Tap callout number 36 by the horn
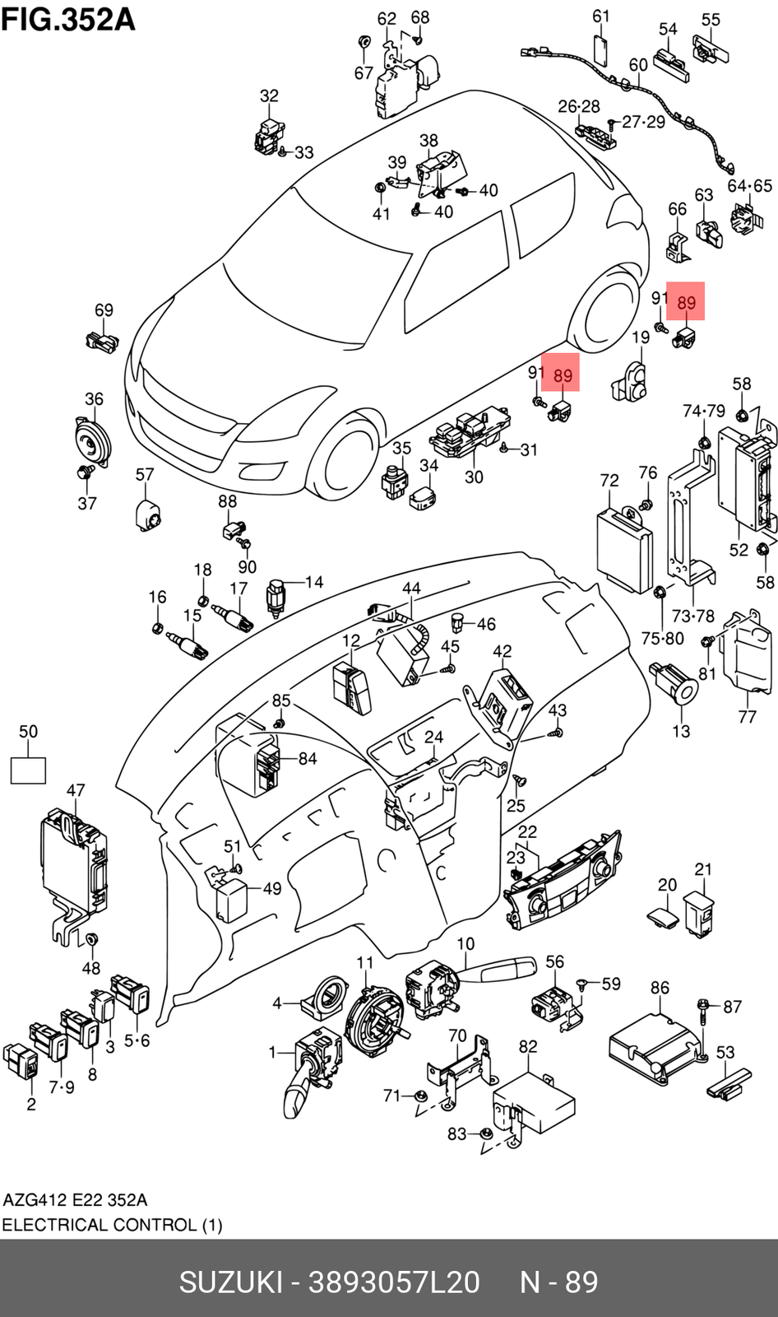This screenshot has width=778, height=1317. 94,399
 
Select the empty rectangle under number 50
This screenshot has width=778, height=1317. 28,770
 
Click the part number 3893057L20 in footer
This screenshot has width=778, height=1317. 393,1282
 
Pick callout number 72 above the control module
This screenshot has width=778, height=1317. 609,480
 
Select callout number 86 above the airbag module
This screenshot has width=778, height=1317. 660,988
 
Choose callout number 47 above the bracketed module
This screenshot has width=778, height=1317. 76,790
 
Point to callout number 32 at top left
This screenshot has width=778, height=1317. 269,96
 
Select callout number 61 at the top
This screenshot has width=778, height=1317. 601,16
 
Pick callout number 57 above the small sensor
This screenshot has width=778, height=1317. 145,475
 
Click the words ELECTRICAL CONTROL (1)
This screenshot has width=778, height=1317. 112,1225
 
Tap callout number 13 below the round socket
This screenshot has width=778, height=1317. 681,731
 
